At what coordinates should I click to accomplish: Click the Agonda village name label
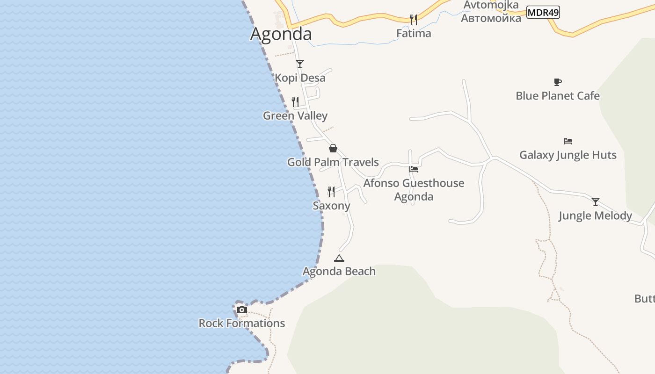pyautogui.click(x=281, y=34)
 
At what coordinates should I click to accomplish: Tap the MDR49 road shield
pyautogui.click(x=543, y=13)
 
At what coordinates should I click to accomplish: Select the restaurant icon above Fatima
pyautogui.click(x=414, y=19)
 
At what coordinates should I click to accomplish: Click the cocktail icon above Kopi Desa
pyautogui.click(x=300, y=64)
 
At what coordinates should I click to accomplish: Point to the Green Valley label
pyautogui.click(x=295, y=115)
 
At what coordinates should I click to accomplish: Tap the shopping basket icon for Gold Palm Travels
pyautogui.click(x=333, y=148)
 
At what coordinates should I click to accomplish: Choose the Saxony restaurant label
pyautogui.click(x=331, y=206)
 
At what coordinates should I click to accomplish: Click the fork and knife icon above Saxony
pyautogui.click(x=331, y=191)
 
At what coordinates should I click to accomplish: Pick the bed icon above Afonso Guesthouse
pyautogui.click(x=414, y=169)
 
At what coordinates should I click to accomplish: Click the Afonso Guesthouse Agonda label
pyautogui.click(x=414, y=189)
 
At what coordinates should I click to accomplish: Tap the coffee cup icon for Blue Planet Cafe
pyautogui.click(x=557, y=82)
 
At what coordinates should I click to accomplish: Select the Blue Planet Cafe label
pyautogui.click(x=557, y=96)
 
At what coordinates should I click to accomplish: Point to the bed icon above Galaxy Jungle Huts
pyautogui.click(x=568, y=141)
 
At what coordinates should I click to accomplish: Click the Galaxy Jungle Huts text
pyautogui.click(x=568, y=155)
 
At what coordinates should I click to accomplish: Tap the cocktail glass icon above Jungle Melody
pyautogui.click(x=596, y=202)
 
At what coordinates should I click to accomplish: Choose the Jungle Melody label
pyautogui.click(x=596, y=216)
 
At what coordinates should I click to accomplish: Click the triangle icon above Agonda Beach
pyautogui.click(x=339, y=258)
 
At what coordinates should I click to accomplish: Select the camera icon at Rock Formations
pyautogui.click(x=242, y=309)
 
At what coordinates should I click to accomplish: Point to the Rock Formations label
pyautogui.click(x=242, y=323)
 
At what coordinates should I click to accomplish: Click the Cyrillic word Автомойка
pyautogui.click(x=491, y=18)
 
